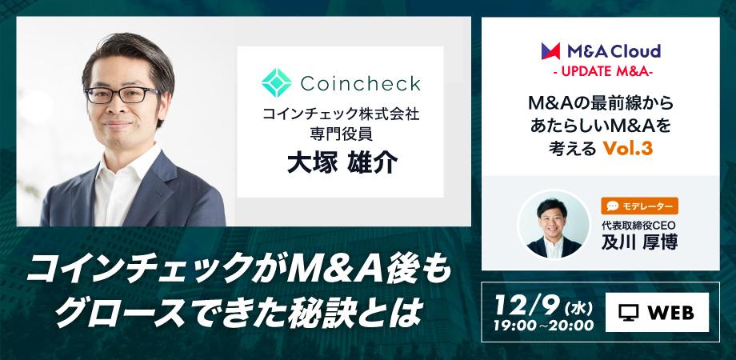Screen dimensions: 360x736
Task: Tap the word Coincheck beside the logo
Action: [x=360, y=83]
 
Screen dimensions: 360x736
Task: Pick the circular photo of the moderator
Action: [x=550, y=222]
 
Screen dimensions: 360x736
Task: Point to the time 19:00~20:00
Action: [x=542, y=326]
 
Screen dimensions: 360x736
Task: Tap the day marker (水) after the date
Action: [x=574, y=306]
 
